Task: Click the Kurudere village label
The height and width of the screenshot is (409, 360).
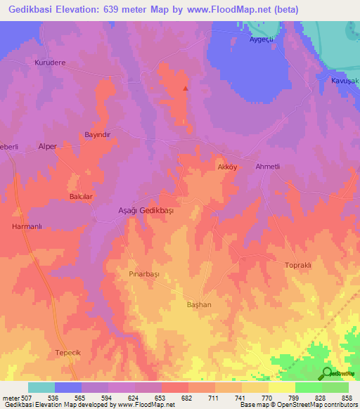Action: pyautogui.click(x=50, y=62)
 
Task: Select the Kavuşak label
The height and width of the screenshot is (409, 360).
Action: pyautogui.click(x=345, y=81)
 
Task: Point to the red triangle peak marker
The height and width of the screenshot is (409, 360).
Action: pyautogui.click(x=186, y=89)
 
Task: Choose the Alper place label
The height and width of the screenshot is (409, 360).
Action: pyautogui.click(x=48, y=146)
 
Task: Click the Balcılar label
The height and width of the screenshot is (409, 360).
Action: pyautogui.click(x=81, y=197)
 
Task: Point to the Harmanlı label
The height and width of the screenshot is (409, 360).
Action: pyautogui.click(x=28, y=226)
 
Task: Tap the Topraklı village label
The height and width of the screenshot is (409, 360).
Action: pyautogui.click(x=297, y=265)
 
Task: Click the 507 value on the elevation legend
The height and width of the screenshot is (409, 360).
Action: pyautogui.click(x=21, y=398)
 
